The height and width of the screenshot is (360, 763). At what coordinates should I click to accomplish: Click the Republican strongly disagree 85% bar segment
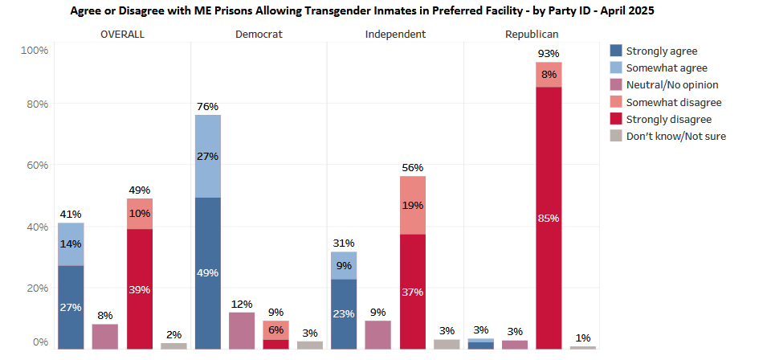click(x=549, y=218)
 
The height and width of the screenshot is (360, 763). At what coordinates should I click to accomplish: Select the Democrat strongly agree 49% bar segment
click(x=208, y=273)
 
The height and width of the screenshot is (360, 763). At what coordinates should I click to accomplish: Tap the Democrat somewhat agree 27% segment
click(x=208, y=157)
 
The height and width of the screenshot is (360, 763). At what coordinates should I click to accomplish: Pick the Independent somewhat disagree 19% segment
click(x=413, y=205)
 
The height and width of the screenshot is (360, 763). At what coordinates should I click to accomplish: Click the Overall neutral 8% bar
click(x=105, y=337)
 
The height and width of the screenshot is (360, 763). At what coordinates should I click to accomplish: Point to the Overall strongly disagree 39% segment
click(x=140, y=288)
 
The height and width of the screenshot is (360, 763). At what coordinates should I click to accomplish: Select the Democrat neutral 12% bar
click(x=242, y=331)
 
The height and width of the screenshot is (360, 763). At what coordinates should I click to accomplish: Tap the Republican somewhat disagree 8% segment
click(x=549, y=75)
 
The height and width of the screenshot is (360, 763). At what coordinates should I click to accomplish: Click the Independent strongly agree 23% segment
click(x=344, y=314)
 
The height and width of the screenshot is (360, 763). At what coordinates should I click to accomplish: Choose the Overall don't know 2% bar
click(x=173, y=346)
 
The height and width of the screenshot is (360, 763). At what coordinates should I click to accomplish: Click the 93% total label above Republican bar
click(x=549, y=54)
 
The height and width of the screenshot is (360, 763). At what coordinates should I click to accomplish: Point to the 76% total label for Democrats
click(x=208, y=106)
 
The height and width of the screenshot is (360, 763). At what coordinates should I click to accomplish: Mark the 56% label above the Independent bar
click(x=413, y=168)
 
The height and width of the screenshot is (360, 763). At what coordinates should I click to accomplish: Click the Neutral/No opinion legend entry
click(x=664, y=84)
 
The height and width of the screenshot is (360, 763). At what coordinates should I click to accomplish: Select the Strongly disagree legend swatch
click(x=616, y=119)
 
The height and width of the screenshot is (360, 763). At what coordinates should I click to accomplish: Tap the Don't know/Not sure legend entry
click(x=668, y=136)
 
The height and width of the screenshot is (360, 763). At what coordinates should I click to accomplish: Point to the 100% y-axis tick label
click(x=34, y=50)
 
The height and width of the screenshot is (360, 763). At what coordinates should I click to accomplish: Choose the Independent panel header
click(x=395, y=34)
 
